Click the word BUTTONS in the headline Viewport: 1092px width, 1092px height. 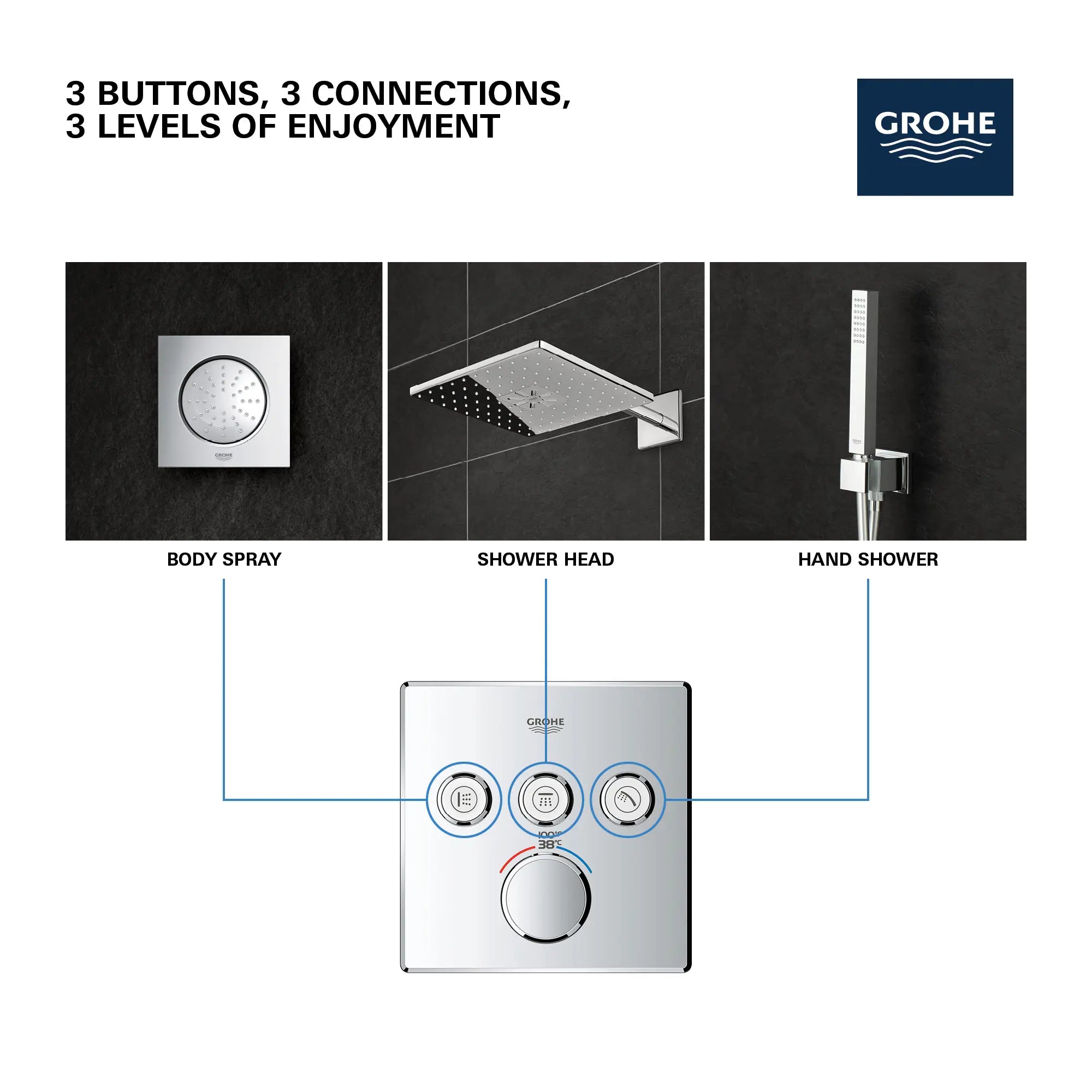179,93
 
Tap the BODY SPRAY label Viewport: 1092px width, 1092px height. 224,559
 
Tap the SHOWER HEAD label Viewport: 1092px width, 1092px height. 545,559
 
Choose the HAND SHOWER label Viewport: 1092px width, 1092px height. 868,559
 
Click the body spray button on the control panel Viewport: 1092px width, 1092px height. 464,799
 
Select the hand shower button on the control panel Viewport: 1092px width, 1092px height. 627,799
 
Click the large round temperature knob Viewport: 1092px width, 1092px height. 545,898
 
